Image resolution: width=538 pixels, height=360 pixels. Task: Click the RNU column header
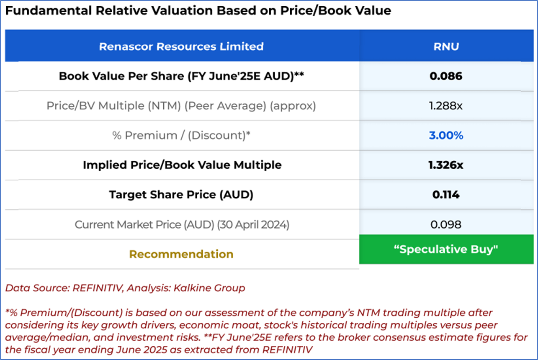pyautogui.click(x=446, y=46)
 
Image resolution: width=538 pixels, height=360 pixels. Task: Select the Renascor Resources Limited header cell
pyautogui.click(x=181, y=46)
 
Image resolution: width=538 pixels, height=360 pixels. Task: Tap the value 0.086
pyautogui.click(x=446, y=76)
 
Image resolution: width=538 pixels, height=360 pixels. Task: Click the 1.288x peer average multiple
pyautogui.click(x=446, y=106)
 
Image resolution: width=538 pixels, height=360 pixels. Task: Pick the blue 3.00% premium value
pyautogui.click(x=446, y=136)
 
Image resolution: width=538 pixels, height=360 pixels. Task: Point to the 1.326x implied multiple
pyautogui.click(x=446, y=165)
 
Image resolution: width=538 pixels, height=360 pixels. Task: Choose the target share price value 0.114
pyautogui.click(x=446, y=195)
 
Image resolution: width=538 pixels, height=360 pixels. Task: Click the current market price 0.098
pyautogui.click(x=446, y=224)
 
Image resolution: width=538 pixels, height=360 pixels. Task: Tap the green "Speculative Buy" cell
pyautogui.click(x=446, y=249)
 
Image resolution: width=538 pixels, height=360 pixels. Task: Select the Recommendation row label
pyautogui.click(x=181, y=254)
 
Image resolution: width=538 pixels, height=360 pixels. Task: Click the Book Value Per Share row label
pyautogui.click(x=181, y=76)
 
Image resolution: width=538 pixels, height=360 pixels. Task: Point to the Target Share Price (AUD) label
pyautogui.click(x=181, y=195)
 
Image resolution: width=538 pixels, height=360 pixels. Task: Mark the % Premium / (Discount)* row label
pyautogui.click(x=181, y=136)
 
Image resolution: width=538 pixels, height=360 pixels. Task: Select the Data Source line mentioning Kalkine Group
pyautogui.click(x=125, y=288)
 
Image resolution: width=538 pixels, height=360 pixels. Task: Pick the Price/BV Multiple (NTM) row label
pyautogui.click(x=181, y=106)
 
